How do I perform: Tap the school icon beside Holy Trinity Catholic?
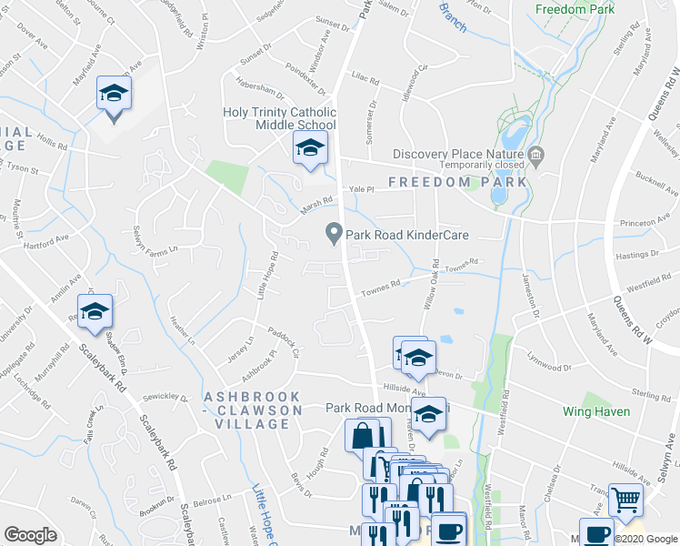coord(310,147)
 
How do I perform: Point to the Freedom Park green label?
coord(575,9)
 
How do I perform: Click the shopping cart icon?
coord(625,500)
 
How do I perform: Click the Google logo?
coord(30,535)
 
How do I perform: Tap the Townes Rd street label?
coord(381,288)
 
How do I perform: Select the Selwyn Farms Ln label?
coord(151,239)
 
